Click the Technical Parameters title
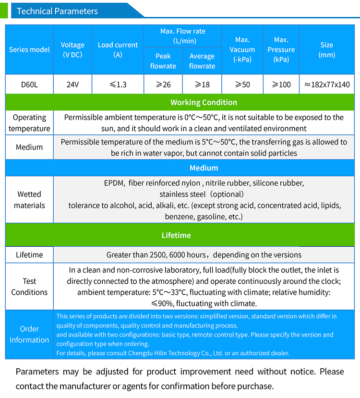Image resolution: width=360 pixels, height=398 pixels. click(x=57, y=11)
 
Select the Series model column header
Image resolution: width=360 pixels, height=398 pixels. click(x=29, y=50)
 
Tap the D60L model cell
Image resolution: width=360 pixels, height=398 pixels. click(x=29, y=84)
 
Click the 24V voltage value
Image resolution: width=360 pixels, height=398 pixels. click(x=72, y=84)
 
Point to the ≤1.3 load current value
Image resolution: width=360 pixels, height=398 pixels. click(x=118, y=84)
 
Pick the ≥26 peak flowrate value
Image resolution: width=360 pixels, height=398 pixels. click(x=163, y=84)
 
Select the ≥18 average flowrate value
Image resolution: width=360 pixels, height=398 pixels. click(x=202, y=84)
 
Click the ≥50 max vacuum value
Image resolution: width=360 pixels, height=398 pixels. click(x=242, y=84)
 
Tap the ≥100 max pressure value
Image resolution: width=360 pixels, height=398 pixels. click(x=281, y=84)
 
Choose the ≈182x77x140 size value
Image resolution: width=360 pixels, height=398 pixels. click(x=327, y=84)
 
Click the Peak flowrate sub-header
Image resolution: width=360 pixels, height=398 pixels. click(x=163, y=61)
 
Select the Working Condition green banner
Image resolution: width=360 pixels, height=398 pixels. click(x=204, y=102)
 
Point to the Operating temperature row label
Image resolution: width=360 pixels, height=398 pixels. click(x=29, y=123)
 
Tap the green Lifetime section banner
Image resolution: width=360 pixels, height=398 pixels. click(x=176, y=235)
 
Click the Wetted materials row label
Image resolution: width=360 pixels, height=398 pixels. click(x=29, y=200)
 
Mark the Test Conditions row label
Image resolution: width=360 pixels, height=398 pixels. click(x=29, y=287)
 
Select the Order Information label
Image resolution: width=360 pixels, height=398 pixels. click(x=29, y=335)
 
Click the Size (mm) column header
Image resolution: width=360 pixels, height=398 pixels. click(x=327, y=50)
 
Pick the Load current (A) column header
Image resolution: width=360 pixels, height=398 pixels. click(x=118, y=50)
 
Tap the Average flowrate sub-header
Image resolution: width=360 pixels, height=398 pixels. click(x=202, y=61)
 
